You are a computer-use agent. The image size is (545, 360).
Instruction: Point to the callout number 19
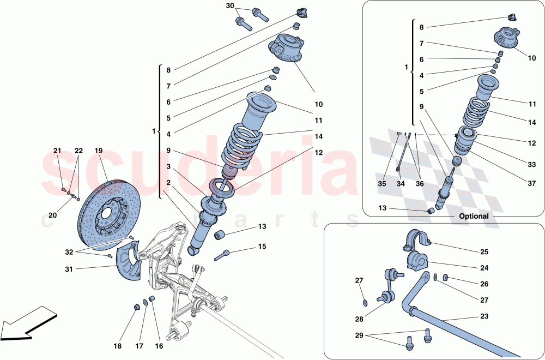coord(99,151)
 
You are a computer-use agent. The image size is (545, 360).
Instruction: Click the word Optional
coord(473,216)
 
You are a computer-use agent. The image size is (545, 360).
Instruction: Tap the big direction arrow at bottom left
coord(27,323)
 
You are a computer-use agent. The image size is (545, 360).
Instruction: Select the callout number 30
coord(229,6)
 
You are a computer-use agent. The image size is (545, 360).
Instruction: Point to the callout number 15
coord(262,247)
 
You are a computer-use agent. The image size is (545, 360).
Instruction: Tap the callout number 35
coord(381,184)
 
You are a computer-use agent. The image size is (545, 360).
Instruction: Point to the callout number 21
coord(58,151)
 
